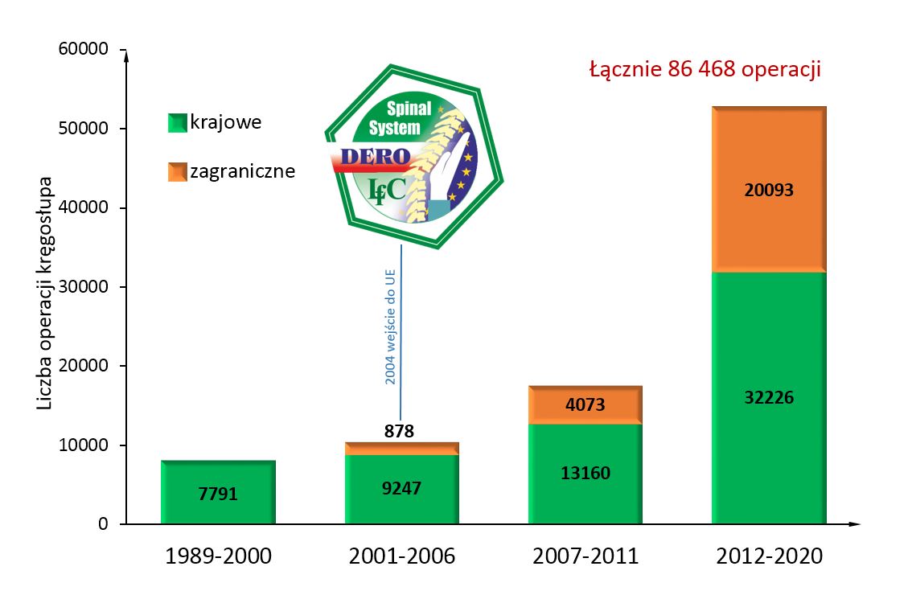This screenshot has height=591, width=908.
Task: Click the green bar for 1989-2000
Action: coord(218,492)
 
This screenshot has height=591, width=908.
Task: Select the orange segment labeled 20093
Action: coord(768,190)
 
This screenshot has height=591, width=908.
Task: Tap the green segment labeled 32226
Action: coord(768,397)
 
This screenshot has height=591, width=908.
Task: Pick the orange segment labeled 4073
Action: coord(585,405)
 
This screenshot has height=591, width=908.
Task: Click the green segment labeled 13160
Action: coord(585,473)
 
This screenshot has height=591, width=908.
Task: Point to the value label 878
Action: coord(399,432)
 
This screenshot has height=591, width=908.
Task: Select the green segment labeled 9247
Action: coord(401,488)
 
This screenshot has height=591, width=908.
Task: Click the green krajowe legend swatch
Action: coord(177,123)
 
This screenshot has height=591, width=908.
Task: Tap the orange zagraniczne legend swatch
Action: coord(177,171)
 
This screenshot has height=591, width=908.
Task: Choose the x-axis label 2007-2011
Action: coord(585,556)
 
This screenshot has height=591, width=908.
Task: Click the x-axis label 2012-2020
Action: coord(768,556)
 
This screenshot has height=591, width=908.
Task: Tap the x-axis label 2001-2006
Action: coord(401,556)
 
